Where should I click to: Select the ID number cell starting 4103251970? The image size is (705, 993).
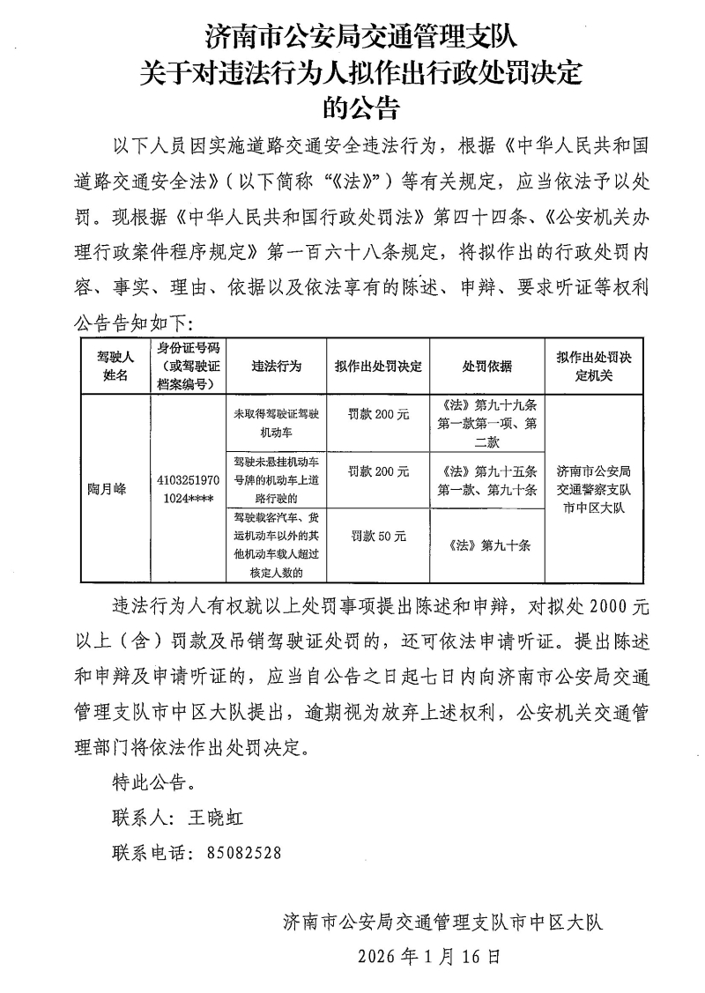tap(188, 489)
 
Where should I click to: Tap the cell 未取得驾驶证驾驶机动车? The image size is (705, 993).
tap(276, 424)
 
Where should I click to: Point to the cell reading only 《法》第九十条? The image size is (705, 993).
tap(487, 545)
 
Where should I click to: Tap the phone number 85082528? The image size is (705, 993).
tap(244, 852)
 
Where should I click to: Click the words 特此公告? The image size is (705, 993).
tap(149, 782)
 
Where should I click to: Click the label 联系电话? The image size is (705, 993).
tap(147, 852)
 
